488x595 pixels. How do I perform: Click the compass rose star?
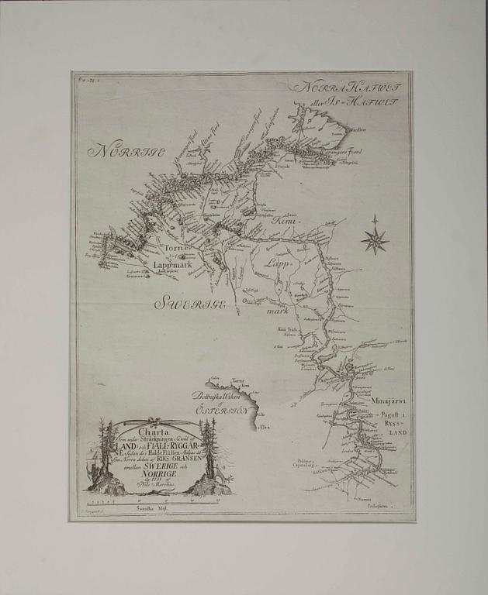[x=375, y=239]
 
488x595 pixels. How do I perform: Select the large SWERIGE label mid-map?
[x=190, y=304]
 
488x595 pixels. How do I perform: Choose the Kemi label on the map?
[x=284, y=222]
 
